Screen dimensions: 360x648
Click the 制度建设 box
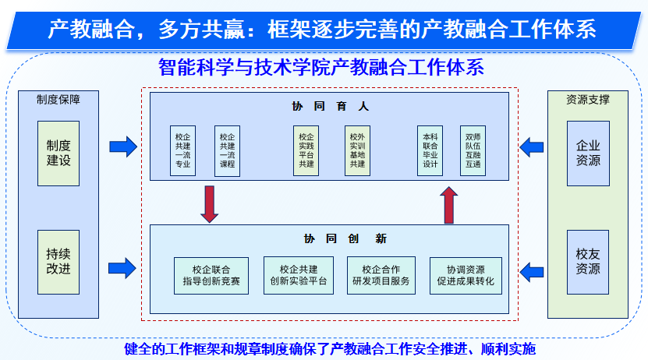click(58, 153)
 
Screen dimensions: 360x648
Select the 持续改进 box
click(58, 262)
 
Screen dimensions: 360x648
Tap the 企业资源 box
click(588, 153)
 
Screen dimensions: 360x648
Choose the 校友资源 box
click(588, 262)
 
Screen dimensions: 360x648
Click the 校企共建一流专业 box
click(182, 149)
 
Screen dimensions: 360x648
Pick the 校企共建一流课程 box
click(227, 149)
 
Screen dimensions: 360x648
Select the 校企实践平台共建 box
click(306, 149)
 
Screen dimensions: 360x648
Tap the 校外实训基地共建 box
click(357, 149)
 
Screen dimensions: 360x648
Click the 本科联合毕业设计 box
click(430, 149)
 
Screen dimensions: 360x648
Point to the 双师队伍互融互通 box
click(473, 149)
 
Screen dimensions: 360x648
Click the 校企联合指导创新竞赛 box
click(211, 275)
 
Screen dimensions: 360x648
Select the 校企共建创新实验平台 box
click(299, 275)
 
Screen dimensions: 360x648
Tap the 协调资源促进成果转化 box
click(466, 275)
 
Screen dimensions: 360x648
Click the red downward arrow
click(209, 203)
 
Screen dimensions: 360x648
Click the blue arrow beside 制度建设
click(122, 146)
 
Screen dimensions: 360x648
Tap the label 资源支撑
click(587, 99)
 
